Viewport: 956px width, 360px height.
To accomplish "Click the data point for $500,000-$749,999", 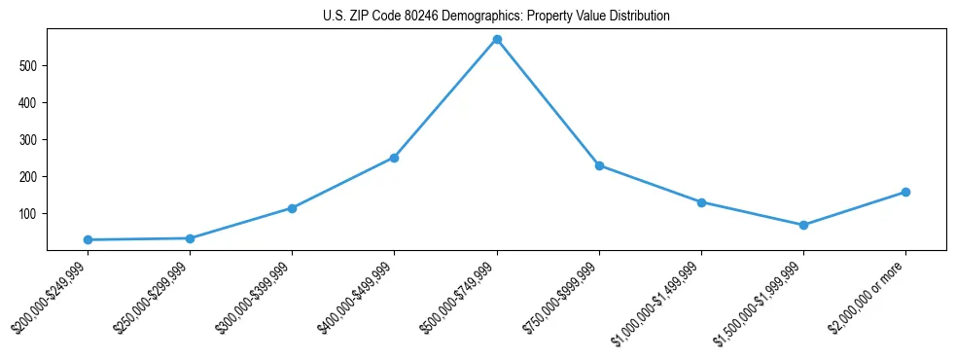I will click(497, 40).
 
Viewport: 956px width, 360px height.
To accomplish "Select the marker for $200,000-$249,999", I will click(88, 239).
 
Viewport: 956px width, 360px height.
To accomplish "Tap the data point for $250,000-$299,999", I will click(190, 238).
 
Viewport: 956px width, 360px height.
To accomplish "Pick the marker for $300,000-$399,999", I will click(292, 208).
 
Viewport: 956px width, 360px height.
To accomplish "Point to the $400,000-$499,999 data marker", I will click(394, 158).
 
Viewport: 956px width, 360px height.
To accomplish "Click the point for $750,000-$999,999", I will click(599, 165).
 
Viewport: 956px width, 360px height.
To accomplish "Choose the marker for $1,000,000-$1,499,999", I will click(701, 202).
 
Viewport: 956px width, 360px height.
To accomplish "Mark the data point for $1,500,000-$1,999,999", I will click(803, 225).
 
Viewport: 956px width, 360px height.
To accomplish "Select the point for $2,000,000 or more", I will click(905, 192).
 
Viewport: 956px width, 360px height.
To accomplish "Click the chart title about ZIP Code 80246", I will click(496, 17).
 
